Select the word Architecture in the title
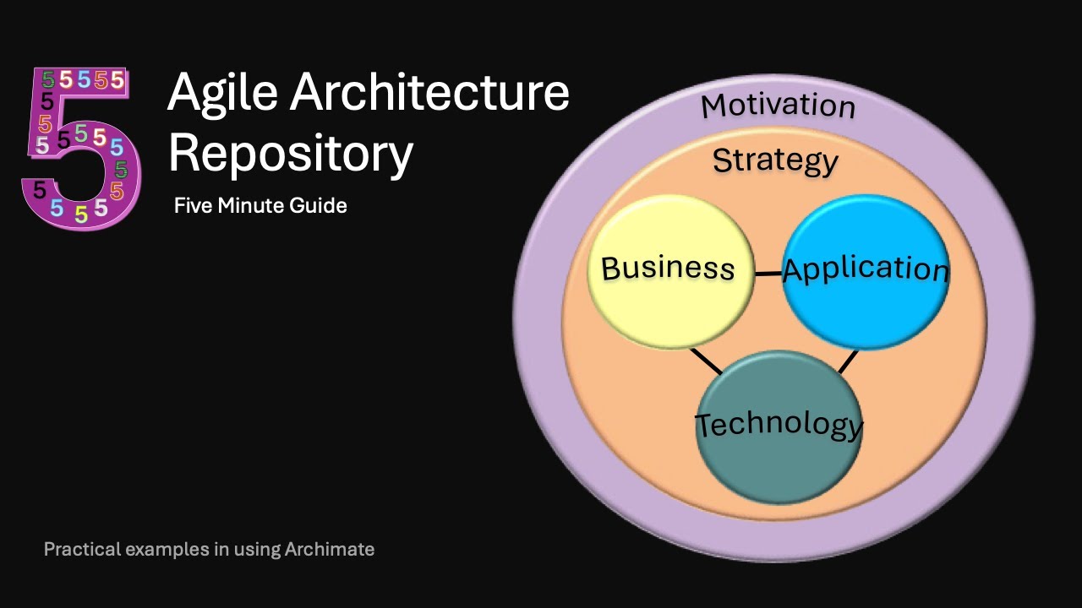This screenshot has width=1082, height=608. (430, 93)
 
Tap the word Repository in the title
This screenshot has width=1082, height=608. (291, 154)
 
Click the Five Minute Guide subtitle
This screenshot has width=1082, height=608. (260, 205)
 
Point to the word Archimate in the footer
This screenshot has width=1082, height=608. (329, 549)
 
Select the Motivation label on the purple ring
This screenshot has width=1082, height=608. (778, 106)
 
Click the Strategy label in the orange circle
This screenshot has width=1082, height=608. (775, 160)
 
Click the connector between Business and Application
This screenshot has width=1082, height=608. (768, 274)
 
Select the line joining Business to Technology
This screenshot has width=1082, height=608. (706, 361)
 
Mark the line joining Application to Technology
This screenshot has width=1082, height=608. (848, 361)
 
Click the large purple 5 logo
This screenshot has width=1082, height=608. (80, 148)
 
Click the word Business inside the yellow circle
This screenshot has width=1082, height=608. (668, 269)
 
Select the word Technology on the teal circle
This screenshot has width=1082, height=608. (779, 424)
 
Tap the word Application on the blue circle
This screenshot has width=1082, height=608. (866, 269)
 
